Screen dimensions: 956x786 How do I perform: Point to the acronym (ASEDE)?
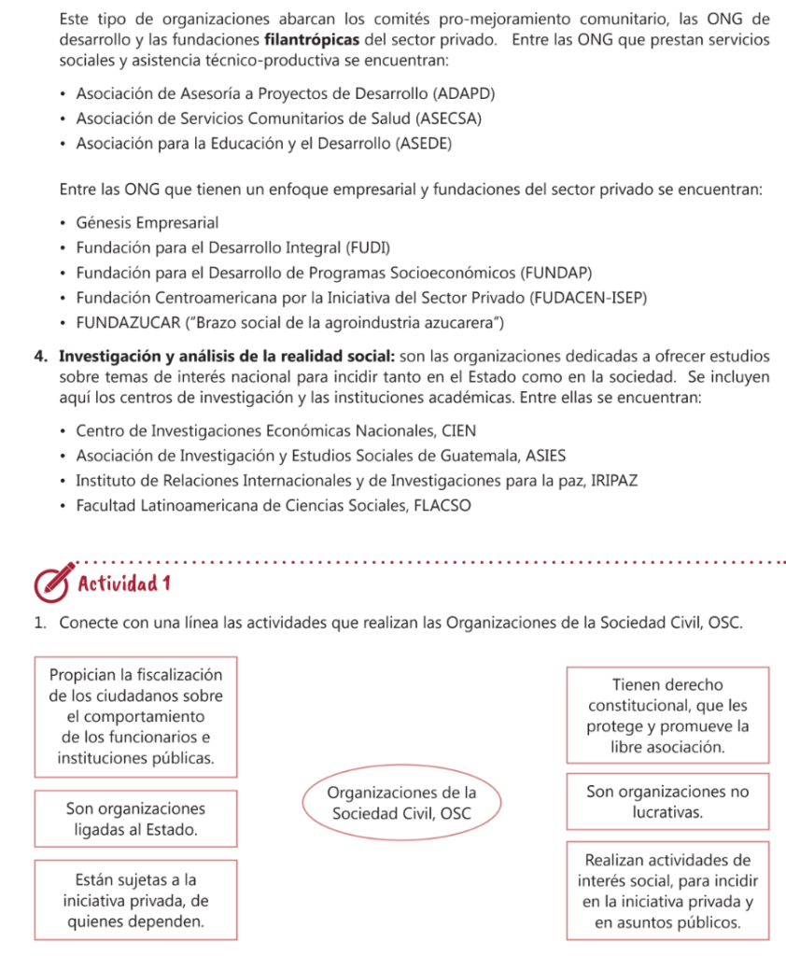425,143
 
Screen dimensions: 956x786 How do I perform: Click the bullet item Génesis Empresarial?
147,223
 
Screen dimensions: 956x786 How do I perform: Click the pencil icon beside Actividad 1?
52,583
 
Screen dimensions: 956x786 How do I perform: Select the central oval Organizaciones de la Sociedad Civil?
401,803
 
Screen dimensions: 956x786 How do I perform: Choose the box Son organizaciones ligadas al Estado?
135,818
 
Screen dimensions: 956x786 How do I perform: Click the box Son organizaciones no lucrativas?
667,802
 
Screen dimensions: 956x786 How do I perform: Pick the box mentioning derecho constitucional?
667,716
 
